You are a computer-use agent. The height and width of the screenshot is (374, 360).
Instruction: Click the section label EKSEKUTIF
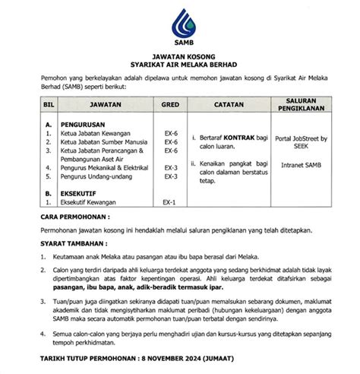tap(80, 194)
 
